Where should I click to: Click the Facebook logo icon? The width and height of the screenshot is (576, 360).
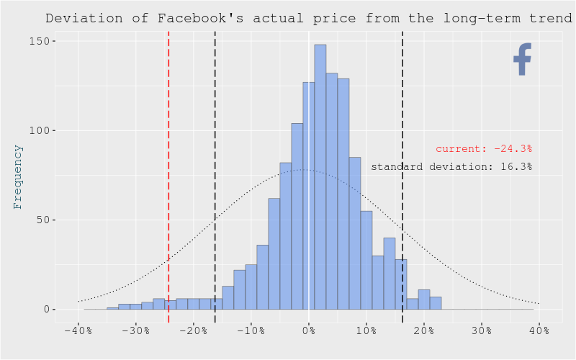point(522,59)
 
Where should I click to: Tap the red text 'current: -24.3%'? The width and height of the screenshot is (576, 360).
point(483,149)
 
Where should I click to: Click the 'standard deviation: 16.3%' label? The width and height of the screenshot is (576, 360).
point(451,166)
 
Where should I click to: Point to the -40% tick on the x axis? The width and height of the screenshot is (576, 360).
point(78,330)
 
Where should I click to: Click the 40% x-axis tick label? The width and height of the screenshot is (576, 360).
point(539,330)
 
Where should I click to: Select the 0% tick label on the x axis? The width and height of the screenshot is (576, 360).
point(309,330)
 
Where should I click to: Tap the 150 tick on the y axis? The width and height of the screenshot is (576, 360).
point(41,41)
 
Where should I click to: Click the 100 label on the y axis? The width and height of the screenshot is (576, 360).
point(41,130)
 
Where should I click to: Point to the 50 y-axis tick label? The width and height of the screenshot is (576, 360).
point(44,220)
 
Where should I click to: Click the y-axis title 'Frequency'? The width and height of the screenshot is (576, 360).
point(18,176)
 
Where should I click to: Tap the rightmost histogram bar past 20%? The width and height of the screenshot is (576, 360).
point(436,303)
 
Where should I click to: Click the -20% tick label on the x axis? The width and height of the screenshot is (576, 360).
point(193,330)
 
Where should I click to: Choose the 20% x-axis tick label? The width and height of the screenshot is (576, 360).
point(423,330)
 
